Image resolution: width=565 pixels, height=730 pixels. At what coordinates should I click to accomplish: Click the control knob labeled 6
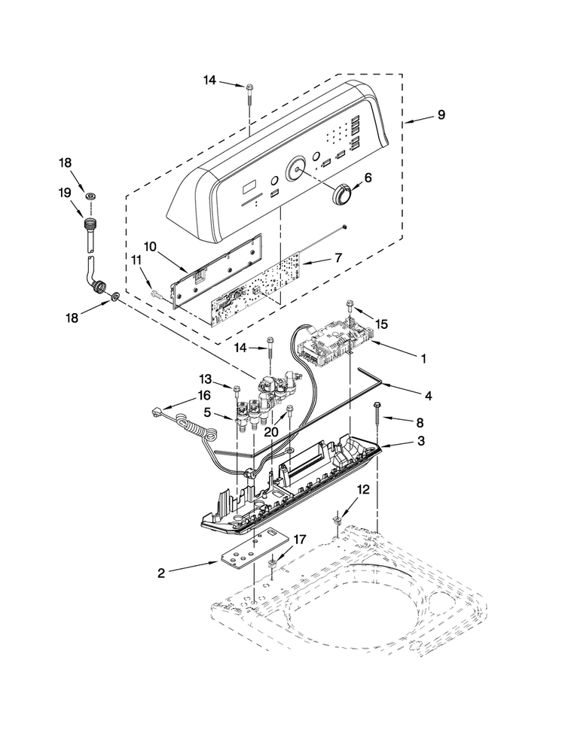(342, 193)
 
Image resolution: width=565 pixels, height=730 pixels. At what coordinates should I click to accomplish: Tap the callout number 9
(441, 114)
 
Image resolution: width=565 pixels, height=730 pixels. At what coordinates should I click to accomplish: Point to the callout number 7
(338, 257)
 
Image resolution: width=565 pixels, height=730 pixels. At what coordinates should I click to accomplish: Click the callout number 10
(150, 246)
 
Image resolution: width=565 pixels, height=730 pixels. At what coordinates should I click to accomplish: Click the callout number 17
(299, 540)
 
